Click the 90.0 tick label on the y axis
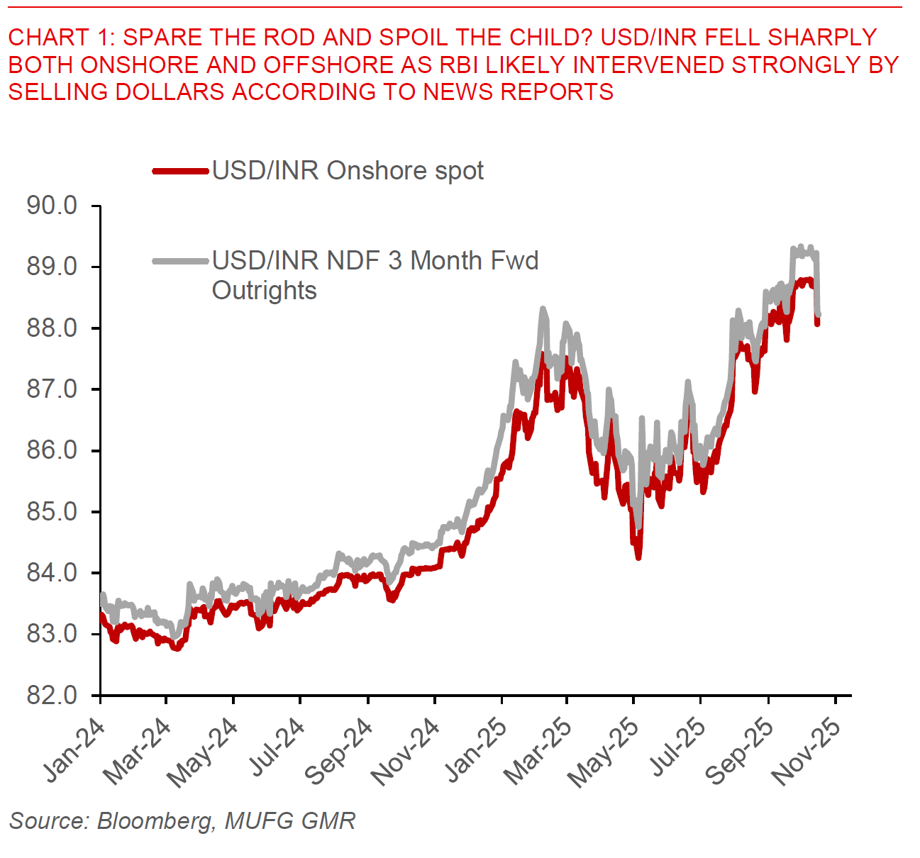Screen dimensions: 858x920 pyautogui.click(x=52, y=206)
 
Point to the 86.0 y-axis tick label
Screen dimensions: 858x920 pyautogui.click(x=52, y=450)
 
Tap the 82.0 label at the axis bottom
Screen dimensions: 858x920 pyautogui.click(x=52, y=695)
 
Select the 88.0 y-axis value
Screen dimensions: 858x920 pyautogui.click(x=52, y=328)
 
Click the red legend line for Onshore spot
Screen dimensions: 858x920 pyautogui.click(x=182, y=171)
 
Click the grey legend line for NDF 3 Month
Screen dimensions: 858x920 pyautogui.click(x=182, y=261)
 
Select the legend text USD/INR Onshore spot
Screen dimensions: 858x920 pyautogui.click(x=348, y=171)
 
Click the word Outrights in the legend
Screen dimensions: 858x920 pyautogui.click(x=264, y=291)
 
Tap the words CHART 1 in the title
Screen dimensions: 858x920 pyautogui.click(x=57, y=37)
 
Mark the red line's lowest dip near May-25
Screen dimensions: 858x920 pyautogui.click(x=638, y=557)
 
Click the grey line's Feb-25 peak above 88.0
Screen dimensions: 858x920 pyautogui.click(x=543, y=308)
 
